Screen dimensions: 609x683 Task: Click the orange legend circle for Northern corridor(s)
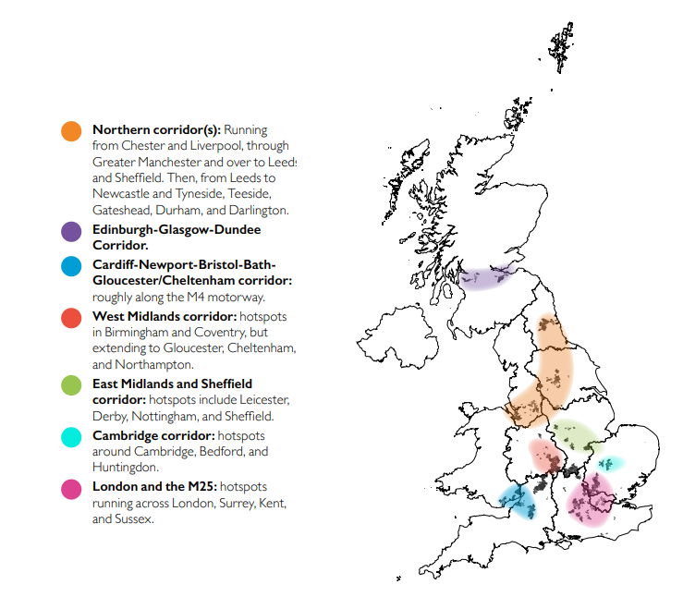72,131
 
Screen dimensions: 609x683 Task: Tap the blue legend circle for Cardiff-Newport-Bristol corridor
72,266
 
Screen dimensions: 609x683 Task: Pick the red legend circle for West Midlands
72,318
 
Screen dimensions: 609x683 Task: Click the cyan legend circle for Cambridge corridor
72,436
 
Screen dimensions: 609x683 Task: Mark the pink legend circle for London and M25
72,488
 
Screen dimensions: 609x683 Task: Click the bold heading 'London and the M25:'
154,486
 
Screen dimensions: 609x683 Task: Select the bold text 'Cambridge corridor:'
152,434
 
